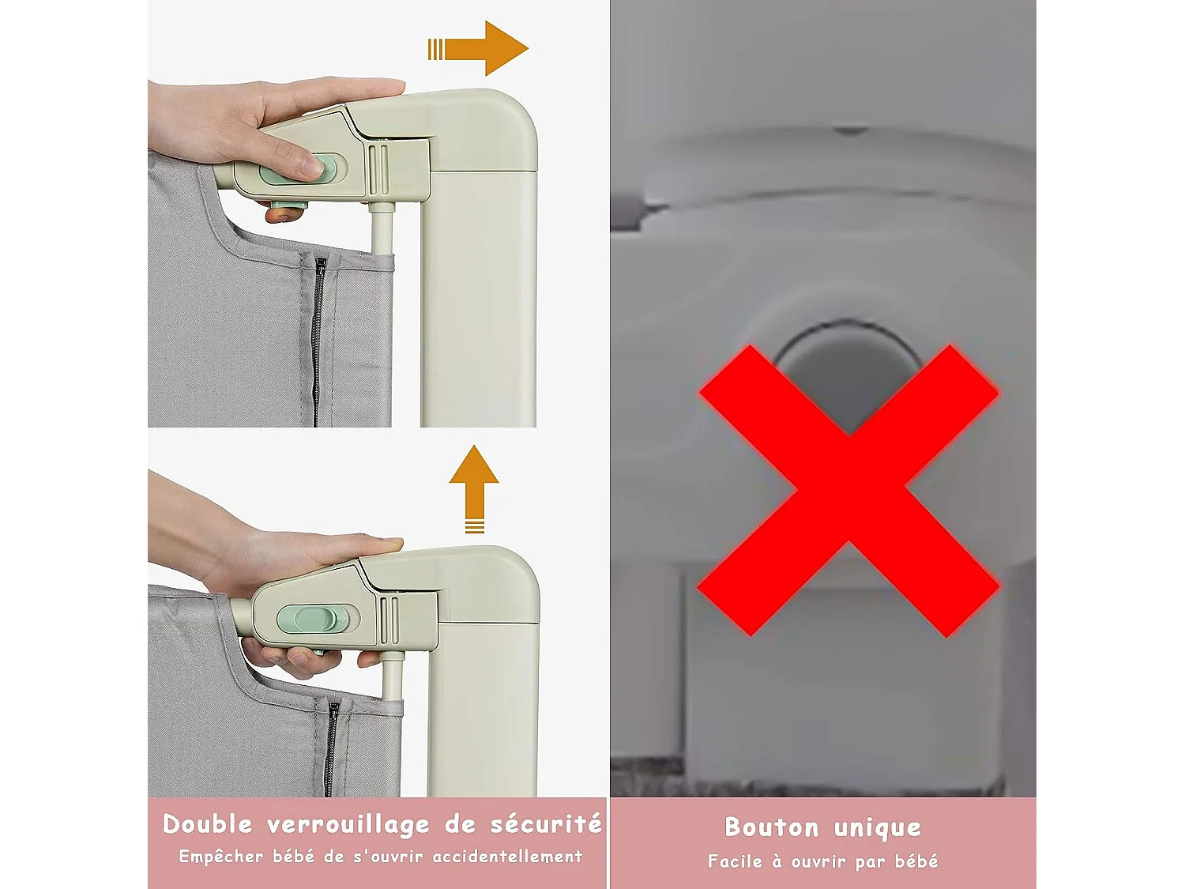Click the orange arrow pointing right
pyautogui.click(x=482, y=49)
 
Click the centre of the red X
pyautogui.click(x=848, y=490)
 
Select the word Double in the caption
pyautogui.click(x=207, y=824)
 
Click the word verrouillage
pyautogui.click(x=348, y=825)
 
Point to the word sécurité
pyautogui.click(x=546, y=824)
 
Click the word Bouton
pyautogui.click(x=771, y=827)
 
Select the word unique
pyautogui.click(x=878, y=828)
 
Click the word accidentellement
pyautogui.click(x=507, y=857)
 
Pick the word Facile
pyautogui.click(x=735, y=861)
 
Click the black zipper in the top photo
pyautogui.click(x=318, y=340)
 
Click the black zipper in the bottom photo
pyautogui.click(x=331, y=747)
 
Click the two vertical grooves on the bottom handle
pyautogui.click(x=389, y=620)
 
